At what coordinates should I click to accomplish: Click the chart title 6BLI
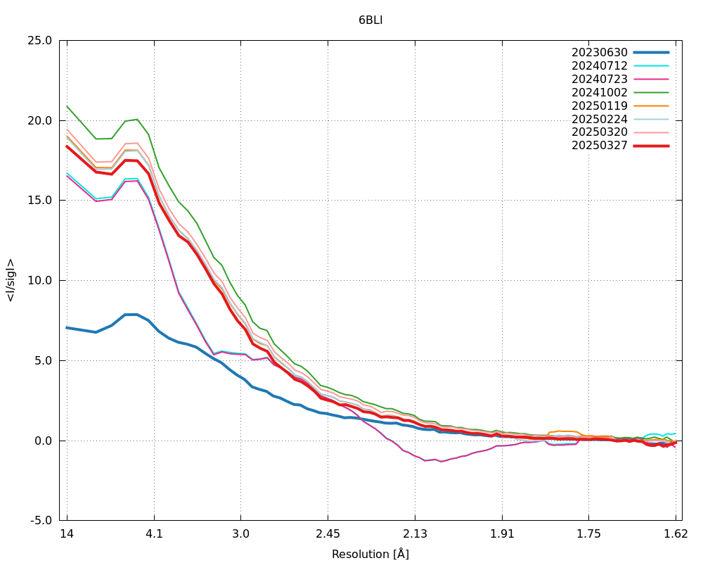(370, 20)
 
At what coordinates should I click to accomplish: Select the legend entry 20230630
(599, 52)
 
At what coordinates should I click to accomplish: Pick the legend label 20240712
(599, 65)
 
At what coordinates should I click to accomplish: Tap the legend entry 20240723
(599, 79)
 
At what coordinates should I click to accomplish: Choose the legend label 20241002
(599, 92)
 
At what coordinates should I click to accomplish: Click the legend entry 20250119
(599, 106)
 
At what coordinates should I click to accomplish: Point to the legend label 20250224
(599, 119)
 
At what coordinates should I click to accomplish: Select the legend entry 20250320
(599, 132)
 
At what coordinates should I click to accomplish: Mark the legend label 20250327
(599, 146)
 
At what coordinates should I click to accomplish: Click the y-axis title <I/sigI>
(11, 280)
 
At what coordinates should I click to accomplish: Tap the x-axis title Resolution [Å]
(370, 554)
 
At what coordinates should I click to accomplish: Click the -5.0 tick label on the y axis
(40, 521)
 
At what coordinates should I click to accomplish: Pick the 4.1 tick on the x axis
(154, 533)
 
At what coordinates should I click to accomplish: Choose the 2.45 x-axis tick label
(328, 533)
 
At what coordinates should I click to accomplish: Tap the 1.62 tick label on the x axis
(676, 533)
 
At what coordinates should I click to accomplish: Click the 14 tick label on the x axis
(67, 533)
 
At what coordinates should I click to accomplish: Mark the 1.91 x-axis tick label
(502, 533)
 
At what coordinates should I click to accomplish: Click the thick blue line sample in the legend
(651, 52)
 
